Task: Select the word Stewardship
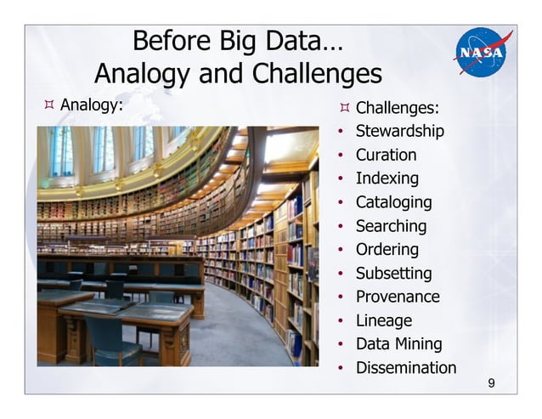tap(399, 132)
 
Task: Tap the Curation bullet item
tap(386, 155)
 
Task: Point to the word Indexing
tap(387, 178)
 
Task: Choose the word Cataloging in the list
tap(393, 202)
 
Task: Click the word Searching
tap(391, 226)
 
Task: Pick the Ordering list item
tap(387, 250)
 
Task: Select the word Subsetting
tap(393, 274)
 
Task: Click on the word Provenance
tap(398, 297)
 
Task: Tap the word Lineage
tap(383, 320)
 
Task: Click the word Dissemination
tap(406, 368)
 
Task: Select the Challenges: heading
tap(397, 108)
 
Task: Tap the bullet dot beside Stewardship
tap(341, 133)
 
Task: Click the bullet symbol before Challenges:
tap(343, 108)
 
